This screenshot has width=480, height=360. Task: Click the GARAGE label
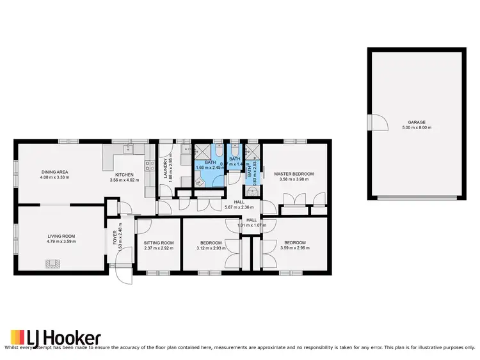417,122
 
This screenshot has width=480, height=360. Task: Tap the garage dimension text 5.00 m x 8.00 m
417,128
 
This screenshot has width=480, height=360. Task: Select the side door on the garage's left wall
378,121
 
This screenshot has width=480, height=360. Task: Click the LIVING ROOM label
61,237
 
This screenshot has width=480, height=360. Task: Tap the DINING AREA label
55,172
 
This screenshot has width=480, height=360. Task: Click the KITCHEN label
124,175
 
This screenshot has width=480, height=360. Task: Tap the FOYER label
115,237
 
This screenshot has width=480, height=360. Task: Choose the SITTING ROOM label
159,243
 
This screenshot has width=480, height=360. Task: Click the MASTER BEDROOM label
294,174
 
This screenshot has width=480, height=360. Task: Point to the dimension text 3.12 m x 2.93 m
210,249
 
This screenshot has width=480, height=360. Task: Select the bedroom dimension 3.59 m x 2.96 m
294,249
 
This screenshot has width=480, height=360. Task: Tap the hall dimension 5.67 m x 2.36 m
239,207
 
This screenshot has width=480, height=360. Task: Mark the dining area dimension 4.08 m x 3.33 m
55,178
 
